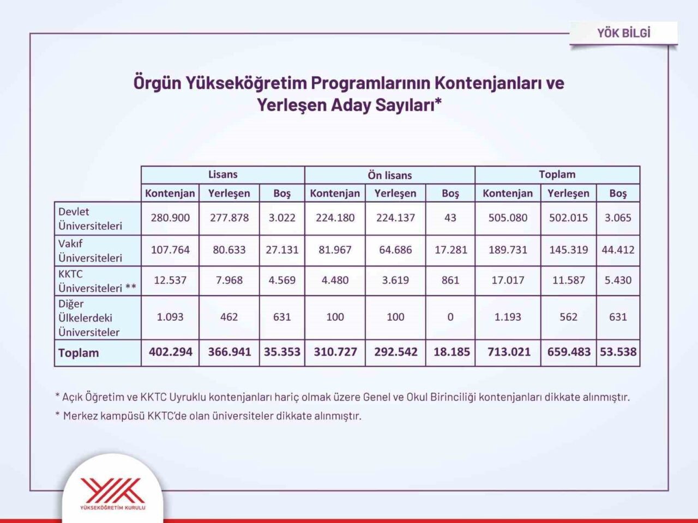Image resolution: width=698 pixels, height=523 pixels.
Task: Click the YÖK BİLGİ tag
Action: point(623,33)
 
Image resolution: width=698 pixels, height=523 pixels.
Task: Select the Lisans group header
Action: point(222,175)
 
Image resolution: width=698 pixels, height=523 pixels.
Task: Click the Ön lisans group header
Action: point(389,175)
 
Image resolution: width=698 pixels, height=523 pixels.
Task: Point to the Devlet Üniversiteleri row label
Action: point(91,218)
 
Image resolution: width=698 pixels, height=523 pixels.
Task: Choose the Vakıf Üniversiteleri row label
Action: point(91,251)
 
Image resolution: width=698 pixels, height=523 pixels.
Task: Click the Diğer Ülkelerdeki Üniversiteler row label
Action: point(89,318)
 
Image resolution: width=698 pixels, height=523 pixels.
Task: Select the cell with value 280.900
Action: point(170,218)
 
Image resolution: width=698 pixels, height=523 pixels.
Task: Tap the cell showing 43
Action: point(450,218)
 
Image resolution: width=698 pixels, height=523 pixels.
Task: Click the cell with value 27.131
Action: point(282,250)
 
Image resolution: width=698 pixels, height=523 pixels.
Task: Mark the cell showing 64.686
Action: point(395,250)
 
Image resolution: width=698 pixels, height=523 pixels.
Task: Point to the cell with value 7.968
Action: point(229,281)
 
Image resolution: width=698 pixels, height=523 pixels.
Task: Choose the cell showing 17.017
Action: point(508,281)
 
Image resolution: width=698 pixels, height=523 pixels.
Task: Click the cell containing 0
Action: point(450,317)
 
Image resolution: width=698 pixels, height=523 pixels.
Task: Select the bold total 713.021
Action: point(509,352)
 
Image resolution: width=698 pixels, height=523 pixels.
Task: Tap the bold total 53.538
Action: point(618,352)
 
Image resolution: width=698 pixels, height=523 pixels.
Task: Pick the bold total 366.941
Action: point(229,352)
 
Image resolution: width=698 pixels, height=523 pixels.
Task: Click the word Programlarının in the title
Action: point(370,83)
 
